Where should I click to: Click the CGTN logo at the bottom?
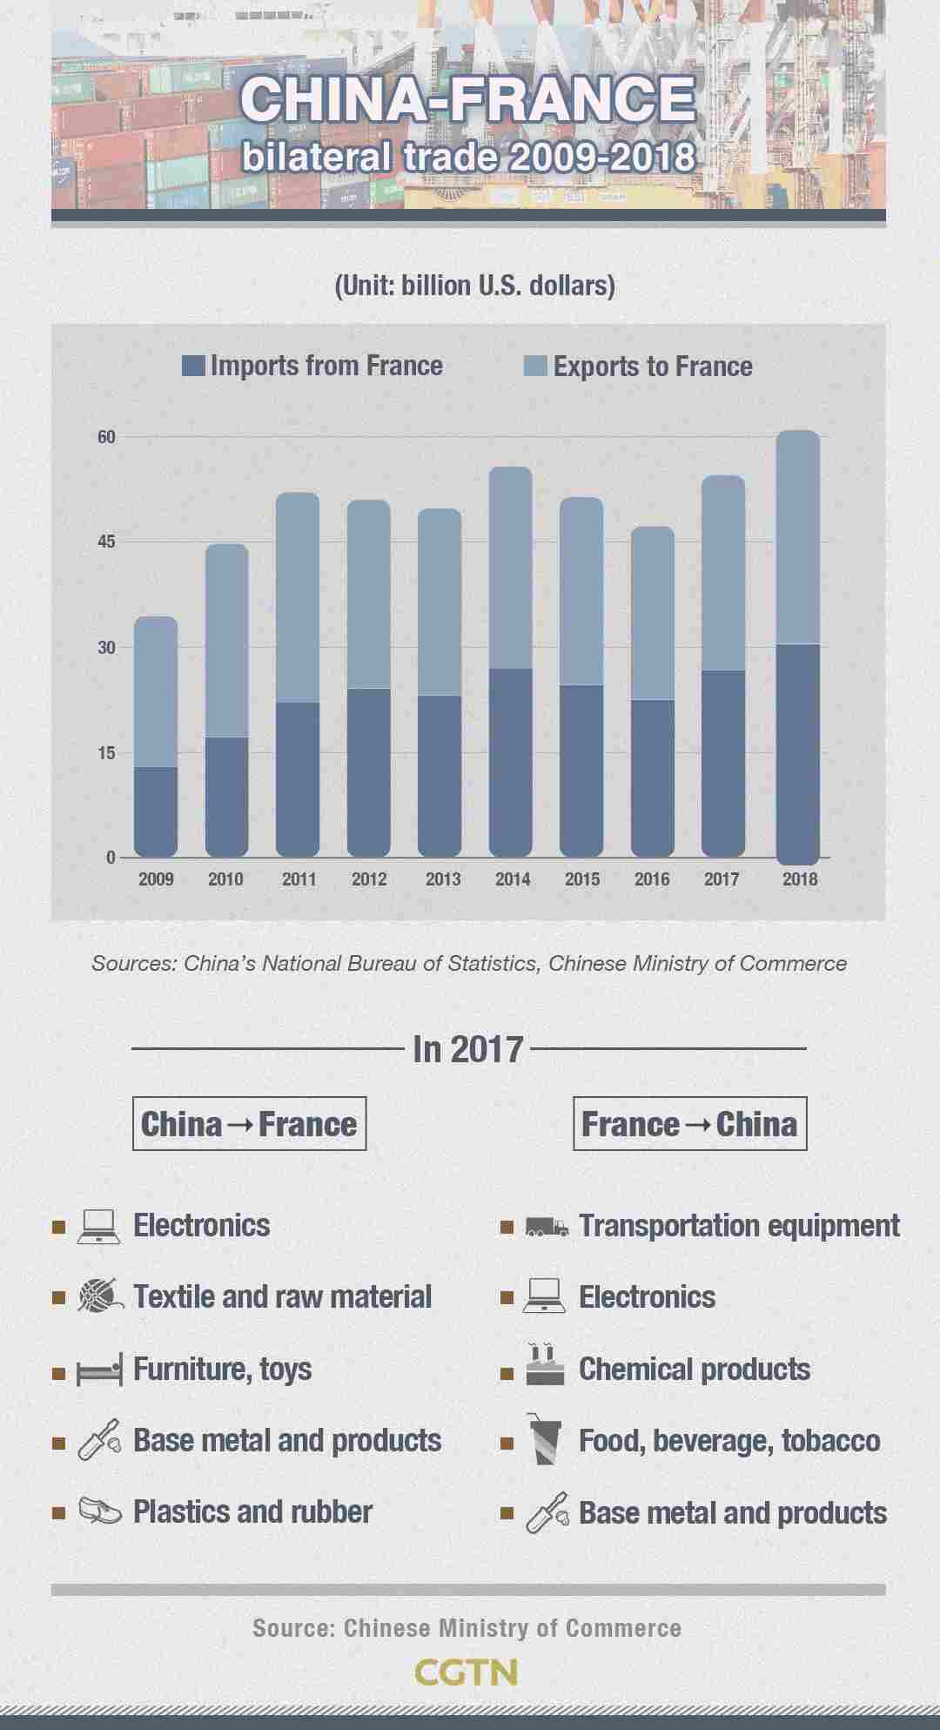click(467, 1672)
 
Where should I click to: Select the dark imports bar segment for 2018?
click(797, 753)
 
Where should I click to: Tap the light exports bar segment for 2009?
click(156, 692)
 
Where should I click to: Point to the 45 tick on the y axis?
click(106, 542)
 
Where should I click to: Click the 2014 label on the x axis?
click(513, 879)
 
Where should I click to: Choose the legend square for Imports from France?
click(193, 366)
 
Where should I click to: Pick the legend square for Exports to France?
click(535, 366)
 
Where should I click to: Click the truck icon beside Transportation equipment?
click(547, 1227)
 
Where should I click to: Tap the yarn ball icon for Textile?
click(99, 1296)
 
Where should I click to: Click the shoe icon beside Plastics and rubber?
click(99, 1511)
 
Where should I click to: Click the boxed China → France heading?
click(249, 1124)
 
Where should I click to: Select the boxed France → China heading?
click(689, 1124)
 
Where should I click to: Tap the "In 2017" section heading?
click(468, 1049)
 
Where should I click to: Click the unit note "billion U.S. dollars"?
click(474, 286)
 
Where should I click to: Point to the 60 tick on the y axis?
click(106, 437)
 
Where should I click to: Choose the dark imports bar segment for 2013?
click(440, 775)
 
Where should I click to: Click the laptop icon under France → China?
click(545, 1296)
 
